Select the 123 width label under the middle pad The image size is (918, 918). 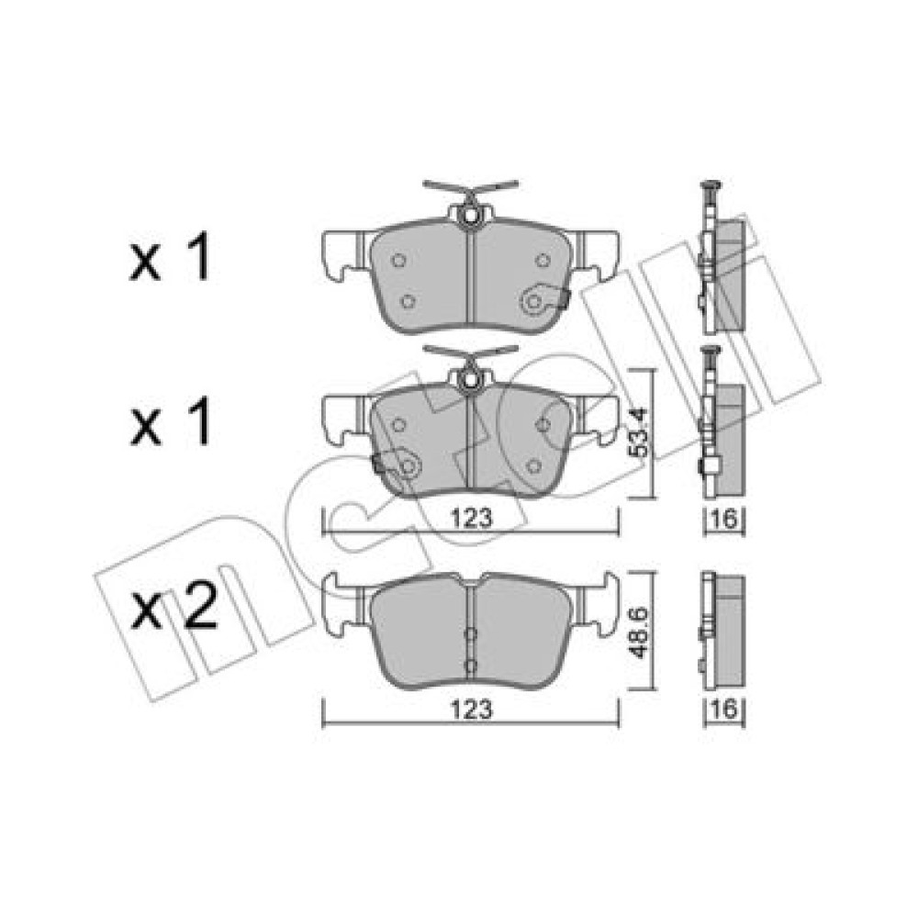(x=472, y=518)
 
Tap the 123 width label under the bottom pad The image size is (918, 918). (x=472, y=710)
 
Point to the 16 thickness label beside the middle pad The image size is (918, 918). (x=724, y=518)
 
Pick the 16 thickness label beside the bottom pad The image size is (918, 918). (x=724, y=710)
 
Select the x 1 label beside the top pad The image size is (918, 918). (x=170, y=256)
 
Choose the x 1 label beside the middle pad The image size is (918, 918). (x=170, y=421)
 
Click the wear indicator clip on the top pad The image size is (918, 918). (x=544, y=300)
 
